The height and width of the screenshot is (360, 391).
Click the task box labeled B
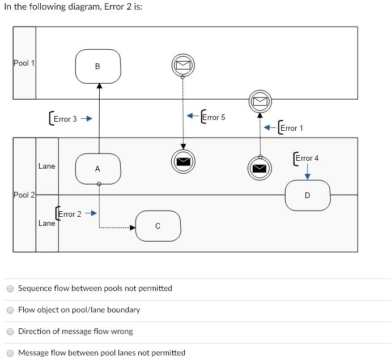tap(97, 66)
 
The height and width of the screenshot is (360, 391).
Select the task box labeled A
tap(97, 169)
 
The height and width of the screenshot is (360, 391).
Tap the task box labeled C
tap(158, 226)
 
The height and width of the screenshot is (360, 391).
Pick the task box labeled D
tap(307, 195)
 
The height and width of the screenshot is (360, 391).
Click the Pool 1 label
tap(24, 63)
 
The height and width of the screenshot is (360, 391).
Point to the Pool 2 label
tap(24, 195)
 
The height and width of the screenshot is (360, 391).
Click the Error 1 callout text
tap(292, 128)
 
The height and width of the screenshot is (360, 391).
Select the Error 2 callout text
tap(70, 214)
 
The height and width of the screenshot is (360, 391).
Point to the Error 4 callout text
tap(307, 158)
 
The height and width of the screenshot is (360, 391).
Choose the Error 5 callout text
tap(214, 117)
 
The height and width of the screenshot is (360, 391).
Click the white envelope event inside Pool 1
tap(182, 65)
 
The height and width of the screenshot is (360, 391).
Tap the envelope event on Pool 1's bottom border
tap(260, 101)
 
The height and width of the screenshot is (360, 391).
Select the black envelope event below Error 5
tap(182, 161)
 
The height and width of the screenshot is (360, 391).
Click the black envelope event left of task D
tap(259, 168)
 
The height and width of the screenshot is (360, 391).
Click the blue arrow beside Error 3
tap(86, 119)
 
